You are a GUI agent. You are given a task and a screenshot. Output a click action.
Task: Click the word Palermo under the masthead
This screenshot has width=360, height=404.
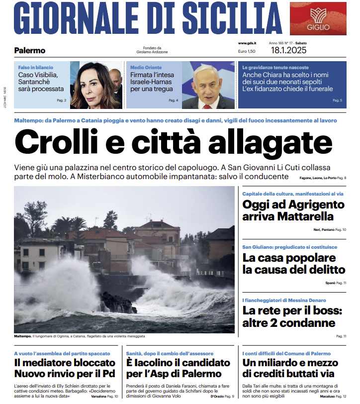point(30,50)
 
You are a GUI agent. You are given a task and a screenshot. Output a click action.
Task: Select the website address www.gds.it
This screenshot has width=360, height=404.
point(247,43)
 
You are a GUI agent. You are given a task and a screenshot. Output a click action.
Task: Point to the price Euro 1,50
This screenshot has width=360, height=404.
point(247,51)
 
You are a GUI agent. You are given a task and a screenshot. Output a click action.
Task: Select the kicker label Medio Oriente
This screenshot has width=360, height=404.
point(146,67)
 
